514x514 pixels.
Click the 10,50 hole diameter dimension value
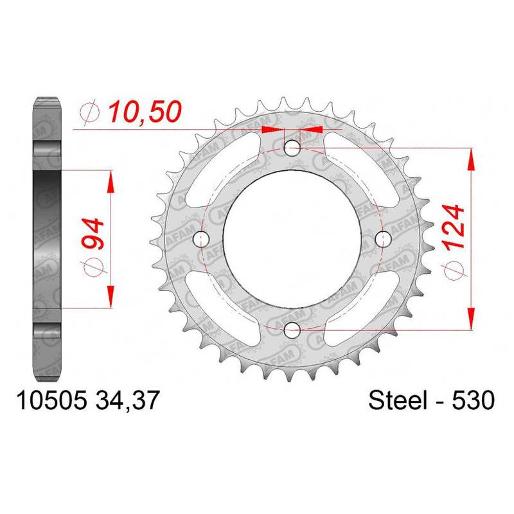coord(145,111)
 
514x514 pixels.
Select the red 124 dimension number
coord(454,227)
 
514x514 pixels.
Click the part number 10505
coord(51,400)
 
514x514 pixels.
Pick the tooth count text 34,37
coord(127,400)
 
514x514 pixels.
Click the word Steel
coord(398,400)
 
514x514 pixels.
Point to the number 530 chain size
coord(473,400)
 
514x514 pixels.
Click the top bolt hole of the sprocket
coord(292,148)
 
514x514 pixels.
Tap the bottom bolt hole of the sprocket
coord(292,330)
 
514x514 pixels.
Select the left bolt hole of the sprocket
coord(201,239)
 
